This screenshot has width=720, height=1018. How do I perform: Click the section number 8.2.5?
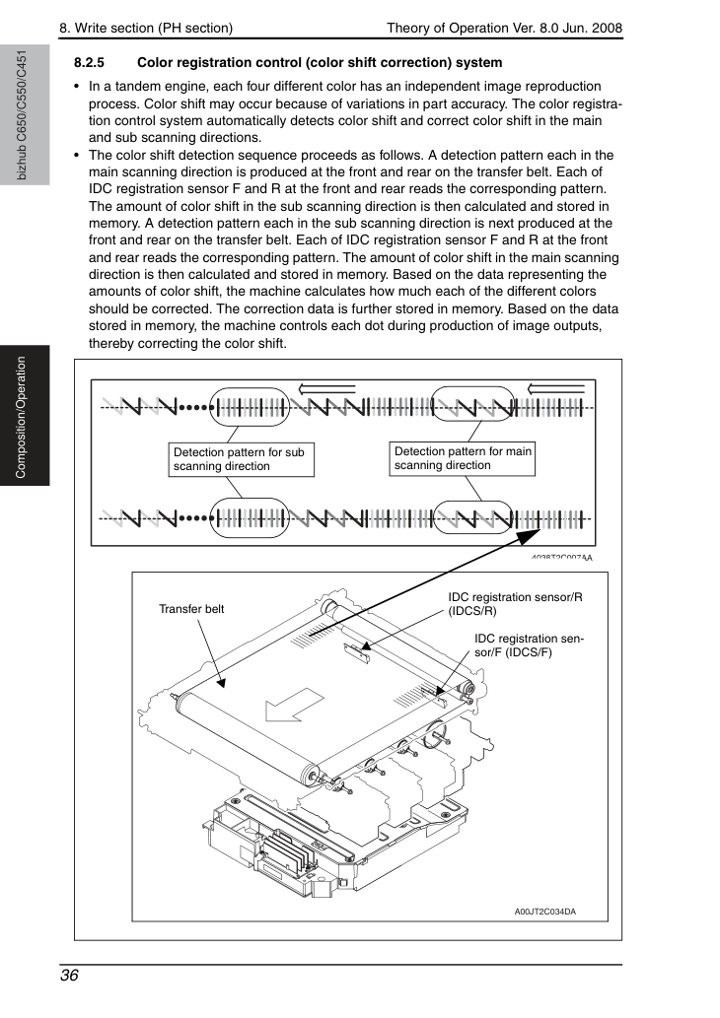pyautogui.click(x=89, y=63)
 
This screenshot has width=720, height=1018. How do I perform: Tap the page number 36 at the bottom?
pyautogui.click(x=69, y=976)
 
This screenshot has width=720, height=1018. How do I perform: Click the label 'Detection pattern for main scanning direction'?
pyautogui.click(x=463, y=458)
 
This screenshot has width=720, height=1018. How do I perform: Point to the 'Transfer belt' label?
pyautogui.click(x=191, y=609)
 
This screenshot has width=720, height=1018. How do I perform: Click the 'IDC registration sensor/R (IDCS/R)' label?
pyautogui.click(x=515, y=604)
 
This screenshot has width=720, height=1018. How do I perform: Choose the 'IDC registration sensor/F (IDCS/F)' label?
pyautogui.click(x=529, y=645)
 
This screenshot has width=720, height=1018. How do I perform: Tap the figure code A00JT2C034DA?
pyautogui.click(x=545, y=912)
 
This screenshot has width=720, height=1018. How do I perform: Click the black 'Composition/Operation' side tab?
pyautogui.click(x=25, y=416)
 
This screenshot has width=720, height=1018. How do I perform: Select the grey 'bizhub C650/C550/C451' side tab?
pyautogui.click(x=25, y=115)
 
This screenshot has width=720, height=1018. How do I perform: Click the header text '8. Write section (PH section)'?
pyautogui.click(x=146, y=28)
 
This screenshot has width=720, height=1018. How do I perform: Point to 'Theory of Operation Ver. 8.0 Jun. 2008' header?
pyautogui.click(x=504, y=28)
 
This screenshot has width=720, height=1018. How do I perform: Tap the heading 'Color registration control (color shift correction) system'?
pyautogui.click(x=320, y=63)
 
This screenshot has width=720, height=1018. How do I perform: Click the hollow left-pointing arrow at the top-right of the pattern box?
pyautogui.click(x=556, y=389)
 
